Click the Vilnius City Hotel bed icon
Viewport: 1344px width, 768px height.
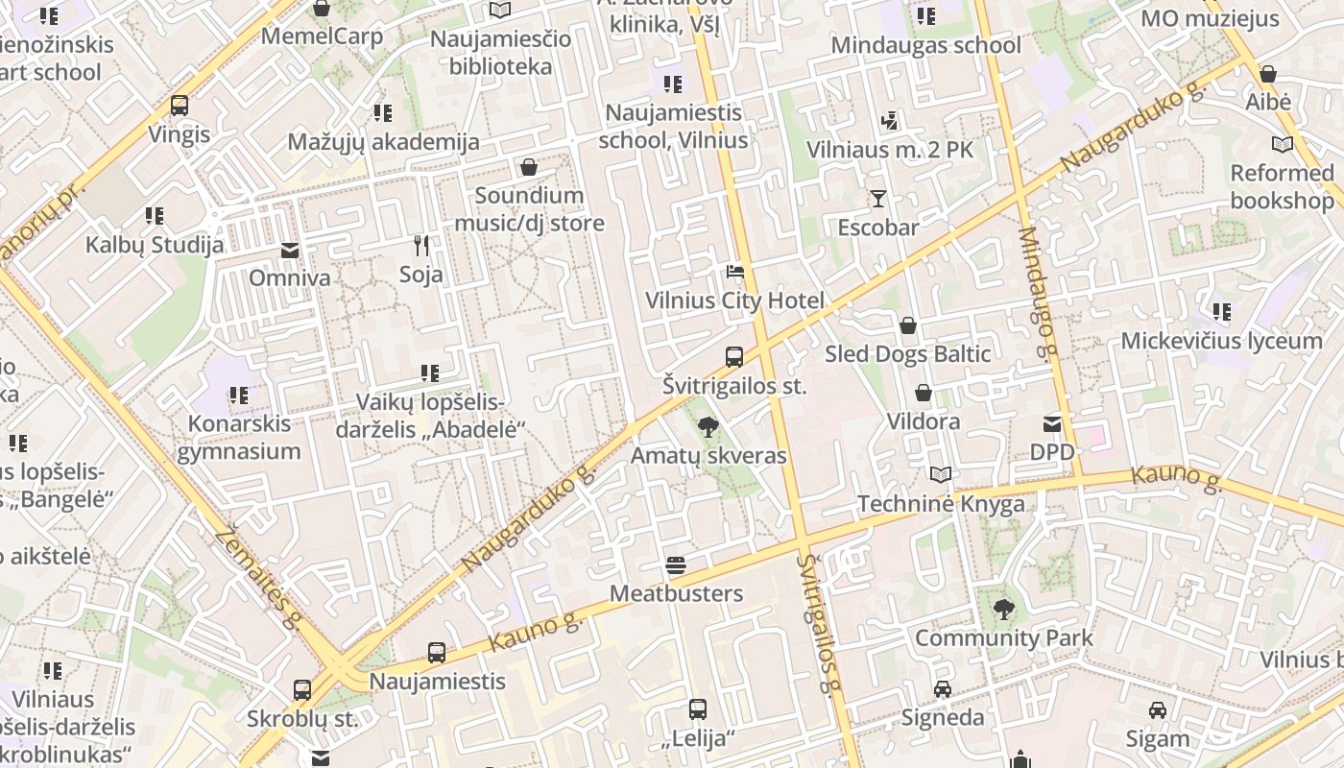point(734,272)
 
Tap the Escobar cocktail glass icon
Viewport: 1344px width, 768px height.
point(877,199)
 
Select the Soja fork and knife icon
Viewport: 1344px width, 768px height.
point(420,246)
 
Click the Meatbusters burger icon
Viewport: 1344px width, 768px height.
point(676,565)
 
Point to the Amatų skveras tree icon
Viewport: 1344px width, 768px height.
point(708,427)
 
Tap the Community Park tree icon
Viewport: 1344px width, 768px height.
point(1003,609)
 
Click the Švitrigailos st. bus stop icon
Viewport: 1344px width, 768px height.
point(734,357)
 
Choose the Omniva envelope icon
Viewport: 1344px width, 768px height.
point(289,251)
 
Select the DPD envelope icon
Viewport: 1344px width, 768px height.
point(1052,423)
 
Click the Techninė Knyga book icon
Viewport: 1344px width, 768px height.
point(941,475)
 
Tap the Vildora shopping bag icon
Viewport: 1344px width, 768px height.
point(924,393)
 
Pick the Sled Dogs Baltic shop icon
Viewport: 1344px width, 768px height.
point(907,325)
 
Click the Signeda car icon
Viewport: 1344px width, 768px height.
point(943,689)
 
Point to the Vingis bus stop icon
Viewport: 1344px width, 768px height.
point(180,106)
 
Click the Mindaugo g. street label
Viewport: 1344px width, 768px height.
point(1039,293)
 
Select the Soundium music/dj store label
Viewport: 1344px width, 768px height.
point(529,209)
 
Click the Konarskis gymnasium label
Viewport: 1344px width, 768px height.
point(238,437)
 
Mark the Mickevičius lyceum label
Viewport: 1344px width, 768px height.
point(1221,341)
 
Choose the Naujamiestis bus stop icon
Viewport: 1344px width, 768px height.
point(437,653)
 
